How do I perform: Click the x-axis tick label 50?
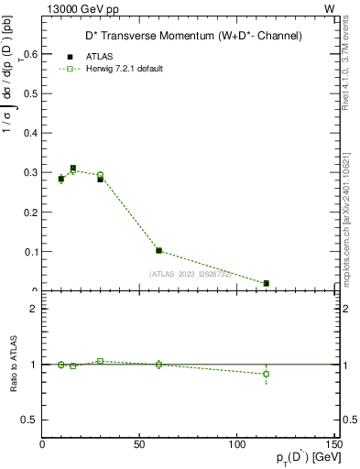click(140, 444)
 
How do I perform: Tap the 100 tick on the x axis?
click(237, 444)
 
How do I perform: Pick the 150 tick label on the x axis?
click(333, 444)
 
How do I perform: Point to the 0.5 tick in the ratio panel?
click(28, 420)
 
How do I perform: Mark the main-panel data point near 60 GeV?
click(159, 250)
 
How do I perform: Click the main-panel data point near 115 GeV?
click(266, 283)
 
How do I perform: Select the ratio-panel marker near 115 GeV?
click(266, 374)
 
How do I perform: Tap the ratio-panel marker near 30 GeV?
click(101, 361)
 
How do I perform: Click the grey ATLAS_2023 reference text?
click(191, 273)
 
